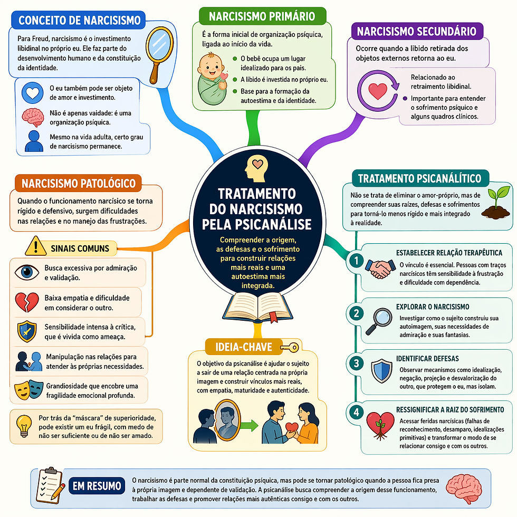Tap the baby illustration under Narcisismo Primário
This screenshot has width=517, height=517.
point(213,79)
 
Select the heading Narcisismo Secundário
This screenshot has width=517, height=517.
point(417,31)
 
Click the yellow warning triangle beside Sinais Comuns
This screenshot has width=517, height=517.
point(36,246)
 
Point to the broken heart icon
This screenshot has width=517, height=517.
point(27,302)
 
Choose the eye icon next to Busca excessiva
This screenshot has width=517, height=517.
point(27,272)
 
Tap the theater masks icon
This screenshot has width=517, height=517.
point(28,390)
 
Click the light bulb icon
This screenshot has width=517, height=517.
point(24,426)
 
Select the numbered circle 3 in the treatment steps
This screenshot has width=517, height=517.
point(356,363)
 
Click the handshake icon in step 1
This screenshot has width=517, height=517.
point(380,269)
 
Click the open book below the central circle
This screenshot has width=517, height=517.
point(257,307)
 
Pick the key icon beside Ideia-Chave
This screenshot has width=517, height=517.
point(289,347)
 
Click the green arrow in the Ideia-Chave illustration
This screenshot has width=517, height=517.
point(249,425)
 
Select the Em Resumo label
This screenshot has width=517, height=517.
point(97,486)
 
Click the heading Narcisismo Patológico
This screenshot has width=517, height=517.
point(79,184)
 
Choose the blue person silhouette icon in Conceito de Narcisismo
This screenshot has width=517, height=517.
point(34,141)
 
